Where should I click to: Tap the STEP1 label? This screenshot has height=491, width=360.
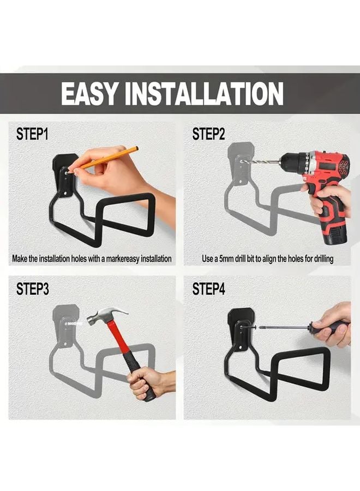32,135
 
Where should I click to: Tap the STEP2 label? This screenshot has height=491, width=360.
208,135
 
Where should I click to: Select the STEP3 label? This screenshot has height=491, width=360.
32,289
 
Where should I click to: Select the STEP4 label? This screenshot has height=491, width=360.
208,289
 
